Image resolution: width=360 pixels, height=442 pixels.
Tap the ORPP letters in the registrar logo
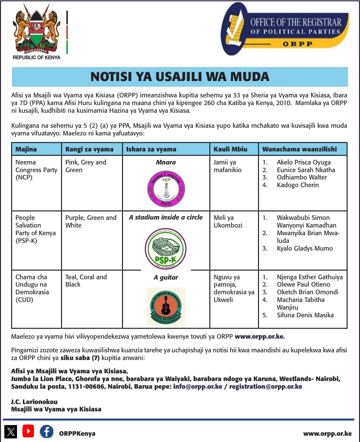(297, 44)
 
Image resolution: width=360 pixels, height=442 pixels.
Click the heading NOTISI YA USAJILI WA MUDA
(180, 77)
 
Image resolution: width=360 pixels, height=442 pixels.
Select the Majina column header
(26, 149)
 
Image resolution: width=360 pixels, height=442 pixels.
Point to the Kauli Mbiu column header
(230, 149)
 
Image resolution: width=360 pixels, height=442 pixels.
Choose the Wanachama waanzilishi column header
(299, 149)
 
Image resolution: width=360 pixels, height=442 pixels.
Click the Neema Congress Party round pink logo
(166, 189)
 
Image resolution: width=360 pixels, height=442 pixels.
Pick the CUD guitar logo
(166, 307)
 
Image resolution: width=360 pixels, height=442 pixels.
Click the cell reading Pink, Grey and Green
(86, 166)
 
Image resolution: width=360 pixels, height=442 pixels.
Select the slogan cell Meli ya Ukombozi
(228, 222)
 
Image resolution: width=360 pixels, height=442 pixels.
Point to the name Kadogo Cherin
(298, 185)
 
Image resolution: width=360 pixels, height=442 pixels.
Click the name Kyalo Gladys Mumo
(305, 249)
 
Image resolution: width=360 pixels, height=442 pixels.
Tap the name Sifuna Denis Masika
(305, 315)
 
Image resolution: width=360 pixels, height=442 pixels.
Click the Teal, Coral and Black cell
(86, 281)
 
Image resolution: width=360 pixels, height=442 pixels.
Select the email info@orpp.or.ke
(197, 387)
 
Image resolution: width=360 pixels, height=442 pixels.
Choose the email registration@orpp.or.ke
(266, 387)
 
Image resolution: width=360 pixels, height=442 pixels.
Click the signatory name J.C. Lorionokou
(34, 402)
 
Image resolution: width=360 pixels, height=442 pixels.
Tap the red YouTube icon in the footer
(28, 431)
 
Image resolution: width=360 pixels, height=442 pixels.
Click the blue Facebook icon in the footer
(47, 431)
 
